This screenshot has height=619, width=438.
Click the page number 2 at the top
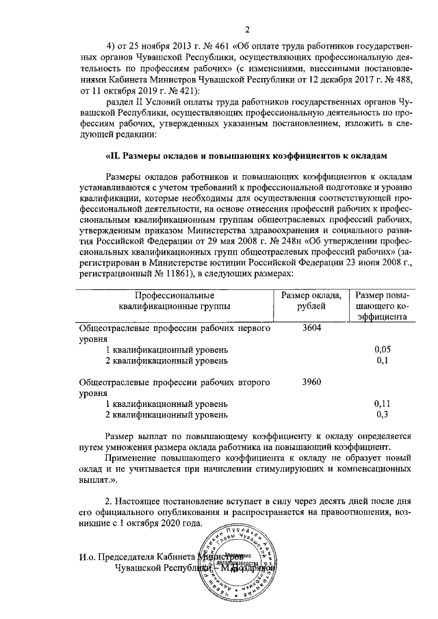(247, 29)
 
